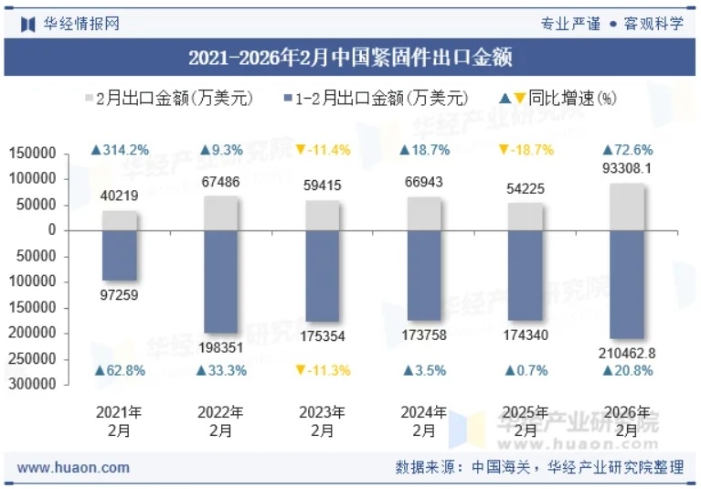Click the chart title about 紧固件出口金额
(350, 58)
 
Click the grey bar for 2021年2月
(119, 220)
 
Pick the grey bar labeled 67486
(220, 213)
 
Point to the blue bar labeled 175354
(322, 275)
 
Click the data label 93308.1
(627, 169)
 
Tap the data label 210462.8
(627, 353)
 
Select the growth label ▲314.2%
(119, 150)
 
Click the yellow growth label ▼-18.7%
(526, 150)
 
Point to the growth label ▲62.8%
(119, 370)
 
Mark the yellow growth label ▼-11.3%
(322, 370)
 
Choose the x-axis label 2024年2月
(423, 421)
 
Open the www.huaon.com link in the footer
(74, 467)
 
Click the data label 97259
(119, 294)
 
